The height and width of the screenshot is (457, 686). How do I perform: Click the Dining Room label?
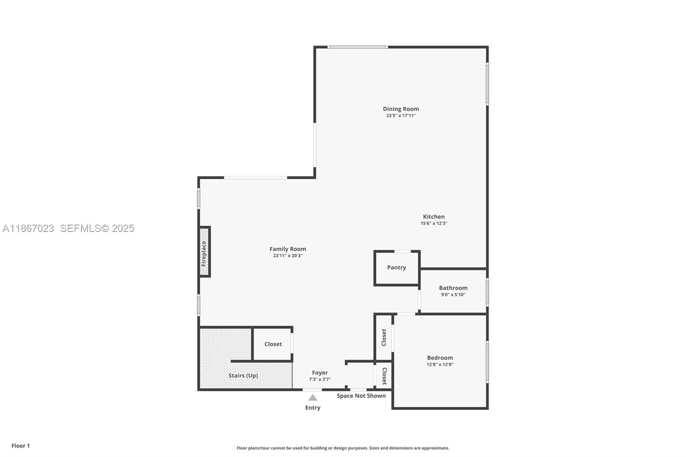pos(400,109)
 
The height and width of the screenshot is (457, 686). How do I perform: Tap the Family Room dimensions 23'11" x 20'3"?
pos(288,256)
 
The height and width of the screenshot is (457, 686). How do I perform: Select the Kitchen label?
pos(433,216)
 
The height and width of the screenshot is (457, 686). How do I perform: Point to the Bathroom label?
pos(453,288)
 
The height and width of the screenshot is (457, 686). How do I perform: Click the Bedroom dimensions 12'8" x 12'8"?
pos(439,364)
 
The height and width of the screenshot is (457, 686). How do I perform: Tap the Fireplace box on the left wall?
pos(204,252)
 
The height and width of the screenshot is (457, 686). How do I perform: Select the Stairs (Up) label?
pos(243,376)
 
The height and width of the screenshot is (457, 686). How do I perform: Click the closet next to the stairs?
pos(273,344)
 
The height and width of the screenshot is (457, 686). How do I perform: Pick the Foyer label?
pos(319,373)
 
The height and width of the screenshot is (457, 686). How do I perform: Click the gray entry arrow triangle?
pos(313,398)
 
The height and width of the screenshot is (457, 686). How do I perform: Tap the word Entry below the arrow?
pos(313,408)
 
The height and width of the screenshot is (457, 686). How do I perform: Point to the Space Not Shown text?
pos(361,396)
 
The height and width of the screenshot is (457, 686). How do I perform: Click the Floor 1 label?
pos(21,446)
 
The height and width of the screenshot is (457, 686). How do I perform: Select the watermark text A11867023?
pos(28,228)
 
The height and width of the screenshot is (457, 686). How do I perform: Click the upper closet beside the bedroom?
pos(384,337)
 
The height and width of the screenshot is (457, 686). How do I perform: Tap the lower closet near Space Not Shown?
pos(384,376)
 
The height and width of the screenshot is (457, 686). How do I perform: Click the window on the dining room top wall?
pos(358,47)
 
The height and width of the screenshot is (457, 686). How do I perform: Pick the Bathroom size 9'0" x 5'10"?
pos(453,295)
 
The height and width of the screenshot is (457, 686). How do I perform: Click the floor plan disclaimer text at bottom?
pos(343,448)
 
